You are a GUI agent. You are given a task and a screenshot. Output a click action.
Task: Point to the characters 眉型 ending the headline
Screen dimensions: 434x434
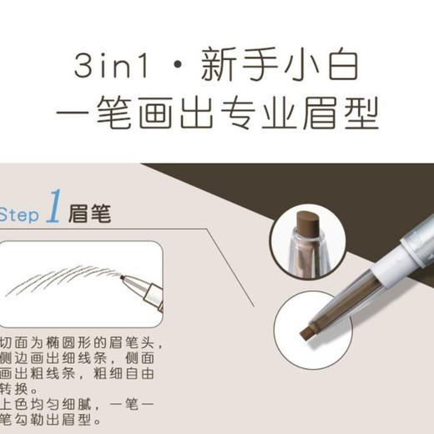350,115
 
